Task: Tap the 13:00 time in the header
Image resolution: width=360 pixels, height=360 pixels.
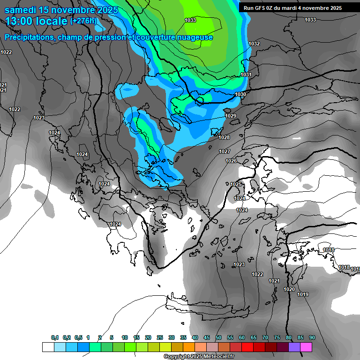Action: (19, 21)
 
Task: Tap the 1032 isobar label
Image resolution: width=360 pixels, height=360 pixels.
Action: (254, 44)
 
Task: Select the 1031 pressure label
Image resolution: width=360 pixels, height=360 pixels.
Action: (246, 75)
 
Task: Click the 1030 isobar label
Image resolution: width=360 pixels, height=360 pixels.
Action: (240, 95)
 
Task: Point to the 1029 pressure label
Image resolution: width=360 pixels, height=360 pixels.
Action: (231, 116)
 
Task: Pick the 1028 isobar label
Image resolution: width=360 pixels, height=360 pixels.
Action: (224, 137)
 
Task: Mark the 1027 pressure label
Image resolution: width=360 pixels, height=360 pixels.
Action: (225, 152)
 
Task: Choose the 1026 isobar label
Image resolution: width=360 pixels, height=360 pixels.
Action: (231, 161)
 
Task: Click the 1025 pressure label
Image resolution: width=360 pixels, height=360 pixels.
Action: (236, 185)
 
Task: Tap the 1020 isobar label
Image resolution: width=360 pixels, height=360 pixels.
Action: (289, 290)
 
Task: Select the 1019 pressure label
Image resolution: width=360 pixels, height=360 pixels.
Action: (303, 295)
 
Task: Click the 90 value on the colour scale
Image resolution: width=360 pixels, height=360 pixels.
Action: (312, 338)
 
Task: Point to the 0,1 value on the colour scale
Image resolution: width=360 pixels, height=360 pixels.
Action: (55, 338)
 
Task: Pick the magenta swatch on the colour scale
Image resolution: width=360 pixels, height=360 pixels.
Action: (307, 347)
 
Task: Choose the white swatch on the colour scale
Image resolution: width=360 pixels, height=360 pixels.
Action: (48, 347)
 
